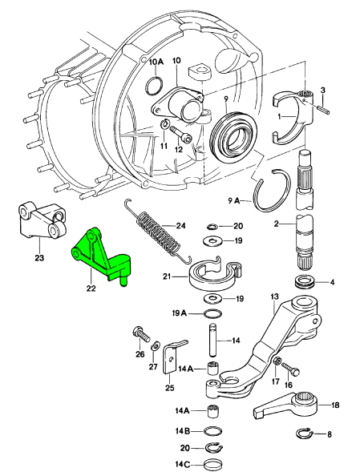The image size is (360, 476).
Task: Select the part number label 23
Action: (x=39, y=258)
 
